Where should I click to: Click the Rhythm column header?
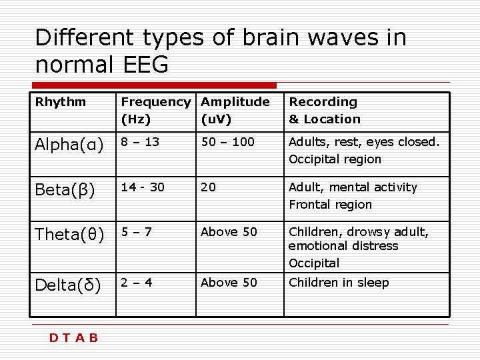coord(61,102)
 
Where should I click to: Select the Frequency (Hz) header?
coord(155,111)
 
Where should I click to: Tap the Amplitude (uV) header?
coord(235,111)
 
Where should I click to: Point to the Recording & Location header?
coord(324,111)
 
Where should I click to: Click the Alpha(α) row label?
coord(69,145)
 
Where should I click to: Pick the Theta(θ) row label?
coord(70,235)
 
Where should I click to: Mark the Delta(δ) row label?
coord(68,285)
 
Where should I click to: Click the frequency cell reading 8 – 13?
coord(140,142)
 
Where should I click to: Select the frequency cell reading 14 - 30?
coord(142,187)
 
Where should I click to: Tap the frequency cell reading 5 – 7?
coord(137,232)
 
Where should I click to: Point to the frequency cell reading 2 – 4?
coord(137,283)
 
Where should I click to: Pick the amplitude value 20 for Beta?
coord(208,187)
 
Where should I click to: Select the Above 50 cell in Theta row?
coord(229,232)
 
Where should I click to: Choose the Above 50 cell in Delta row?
coord(229,283)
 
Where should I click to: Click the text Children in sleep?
coord(339,283)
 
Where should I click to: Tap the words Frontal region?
coord(330,205)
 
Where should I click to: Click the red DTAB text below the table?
coord(74,338)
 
